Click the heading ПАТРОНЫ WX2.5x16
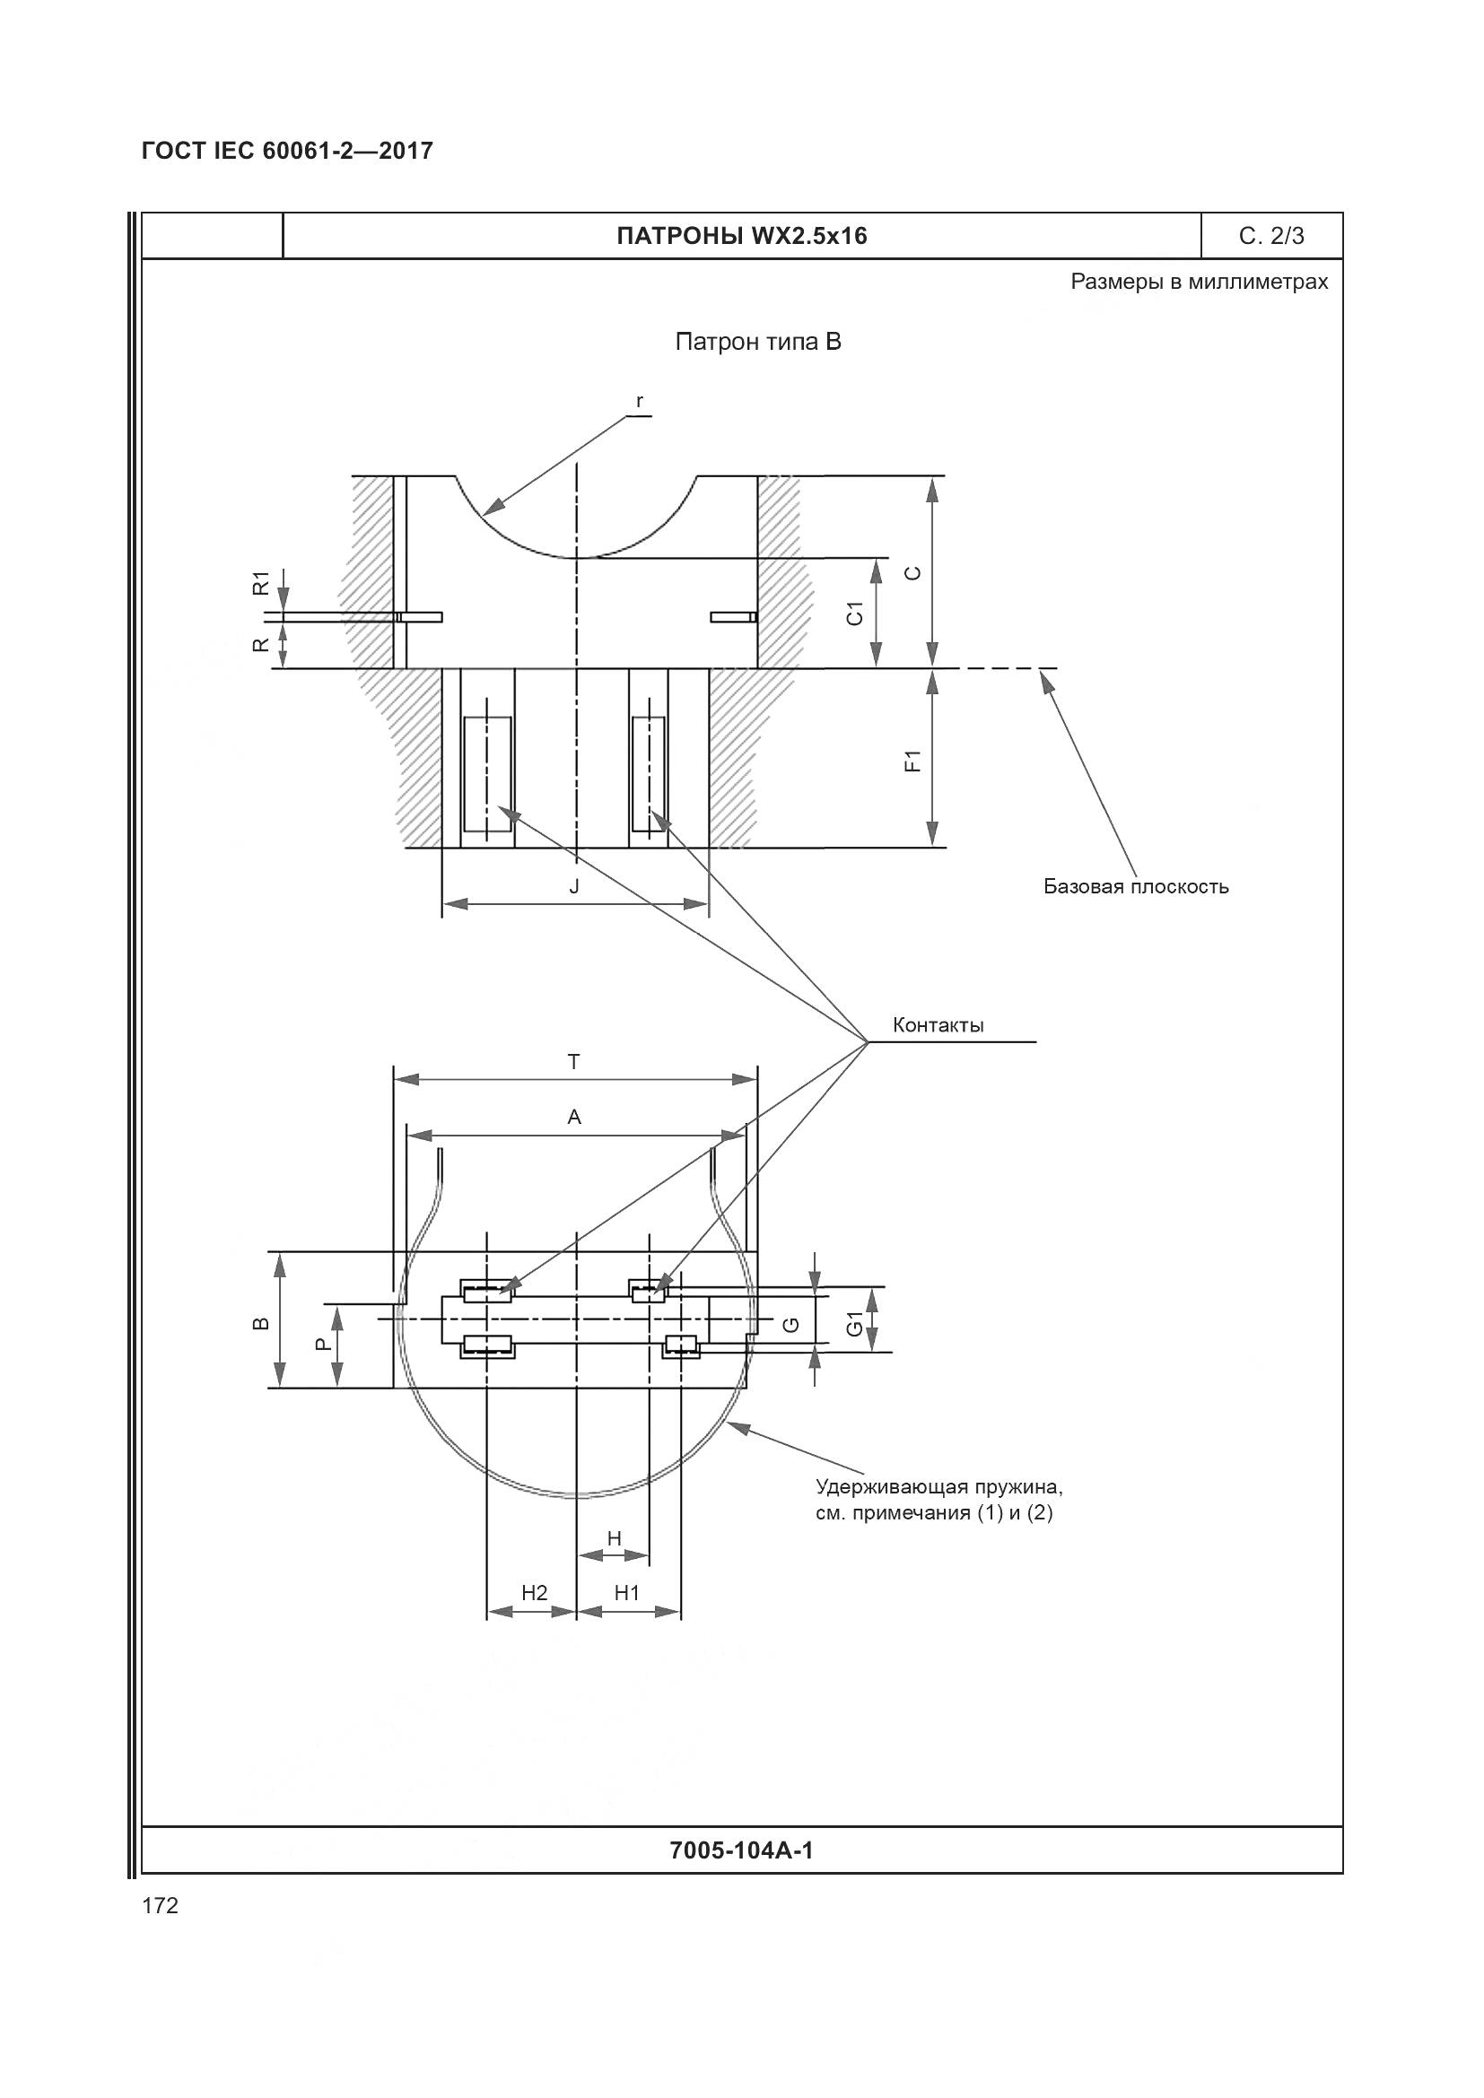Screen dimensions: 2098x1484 [x=741, y=237]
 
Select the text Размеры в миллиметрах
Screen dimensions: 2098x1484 [x=1199, y=282]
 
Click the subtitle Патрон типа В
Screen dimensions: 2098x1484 [x=757, y=342]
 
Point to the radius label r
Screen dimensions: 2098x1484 [x=640, y=401]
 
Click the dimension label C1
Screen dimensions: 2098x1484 [x=855, y=614]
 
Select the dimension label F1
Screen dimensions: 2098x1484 [x=912, y=761]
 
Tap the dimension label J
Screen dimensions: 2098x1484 [x=574, y=886]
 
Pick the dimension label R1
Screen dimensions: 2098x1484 [x=261, y=582]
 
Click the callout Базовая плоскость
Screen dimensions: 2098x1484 [x=1136, y=886]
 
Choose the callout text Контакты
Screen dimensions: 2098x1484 [x=938, y=1025]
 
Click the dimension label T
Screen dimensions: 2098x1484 [x=574, y=1062]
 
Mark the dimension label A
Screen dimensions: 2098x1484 [x=574, y=1117]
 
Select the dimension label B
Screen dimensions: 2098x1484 [x=260, y=1323]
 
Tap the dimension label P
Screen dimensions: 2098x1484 [x=319, y=1344]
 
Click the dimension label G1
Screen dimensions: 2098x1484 [x=853, y=1324]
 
